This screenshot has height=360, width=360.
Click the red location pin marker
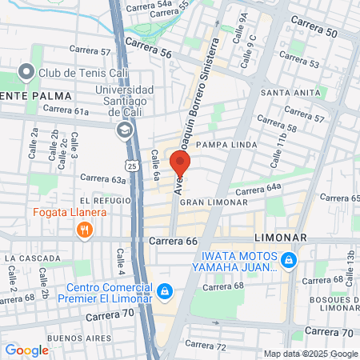180,164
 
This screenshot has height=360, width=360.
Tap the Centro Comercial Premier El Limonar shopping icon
165,292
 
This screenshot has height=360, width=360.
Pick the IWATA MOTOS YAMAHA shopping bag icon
289,259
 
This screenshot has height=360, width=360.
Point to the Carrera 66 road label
173,241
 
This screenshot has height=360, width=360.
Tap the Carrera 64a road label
258,189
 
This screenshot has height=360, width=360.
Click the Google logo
26,350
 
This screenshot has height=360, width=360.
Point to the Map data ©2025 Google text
311,354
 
